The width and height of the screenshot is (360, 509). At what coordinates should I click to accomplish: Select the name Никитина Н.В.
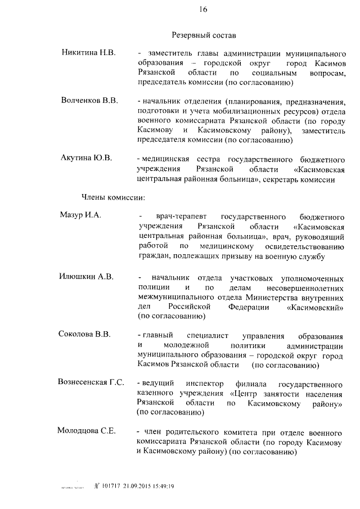point(88,53)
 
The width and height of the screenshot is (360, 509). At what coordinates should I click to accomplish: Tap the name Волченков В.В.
point(89,101)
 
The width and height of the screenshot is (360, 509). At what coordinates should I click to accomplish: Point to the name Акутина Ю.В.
point(87,159)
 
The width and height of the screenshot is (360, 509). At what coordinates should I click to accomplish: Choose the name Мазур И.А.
point(80,216)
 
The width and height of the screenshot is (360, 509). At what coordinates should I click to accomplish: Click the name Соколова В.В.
point(84,335)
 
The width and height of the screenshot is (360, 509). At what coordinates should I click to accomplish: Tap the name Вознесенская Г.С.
point(91,383)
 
